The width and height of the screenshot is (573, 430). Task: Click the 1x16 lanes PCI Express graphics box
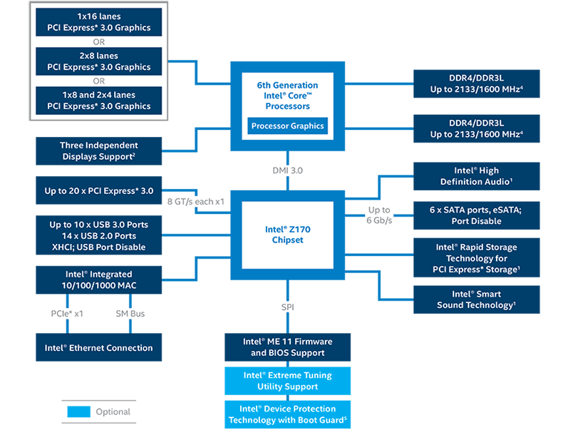pyautogui.click(x=99, y=22)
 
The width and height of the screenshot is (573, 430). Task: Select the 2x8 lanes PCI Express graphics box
pyautogui.click(x=99, y=61)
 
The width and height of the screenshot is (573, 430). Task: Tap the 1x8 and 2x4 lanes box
pyautogui.click(x=99, y=101)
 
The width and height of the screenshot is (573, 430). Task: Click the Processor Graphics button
pyautogui.click(x=287, y=126)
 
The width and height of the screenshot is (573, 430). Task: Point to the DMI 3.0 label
pyautogui.click(x=287, y=171)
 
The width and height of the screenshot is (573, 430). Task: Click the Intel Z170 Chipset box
pyautogui.click(x=287, y=235)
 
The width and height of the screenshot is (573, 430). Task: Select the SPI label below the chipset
pyautogui.click(x=287, y=307)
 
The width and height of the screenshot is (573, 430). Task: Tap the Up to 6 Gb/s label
pyautogui.click(x=379, y=215)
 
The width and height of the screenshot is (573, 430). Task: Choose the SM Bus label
pyautogui.click(x=130, y=313)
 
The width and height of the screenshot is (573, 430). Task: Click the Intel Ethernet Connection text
pyautogui.click(x=99, y=348)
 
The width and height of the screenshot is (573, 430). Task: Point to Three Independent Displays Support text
pyautogui.click(x=98, y=150)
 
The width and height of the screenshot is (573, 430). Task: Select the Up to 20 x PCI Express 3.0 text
pyautogui.click(x=99, y=191)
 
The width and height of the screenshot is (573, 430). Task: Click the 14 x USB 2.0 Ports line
pyautogui.click(x=99, y=236)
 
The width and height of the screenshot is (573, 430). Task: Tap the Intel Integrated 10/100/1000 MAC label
pyautogui.click(x=99, y=280)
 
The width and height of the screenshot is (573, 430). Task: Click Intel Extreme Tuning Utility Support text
pyautogui.click(x=287, y=381)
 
